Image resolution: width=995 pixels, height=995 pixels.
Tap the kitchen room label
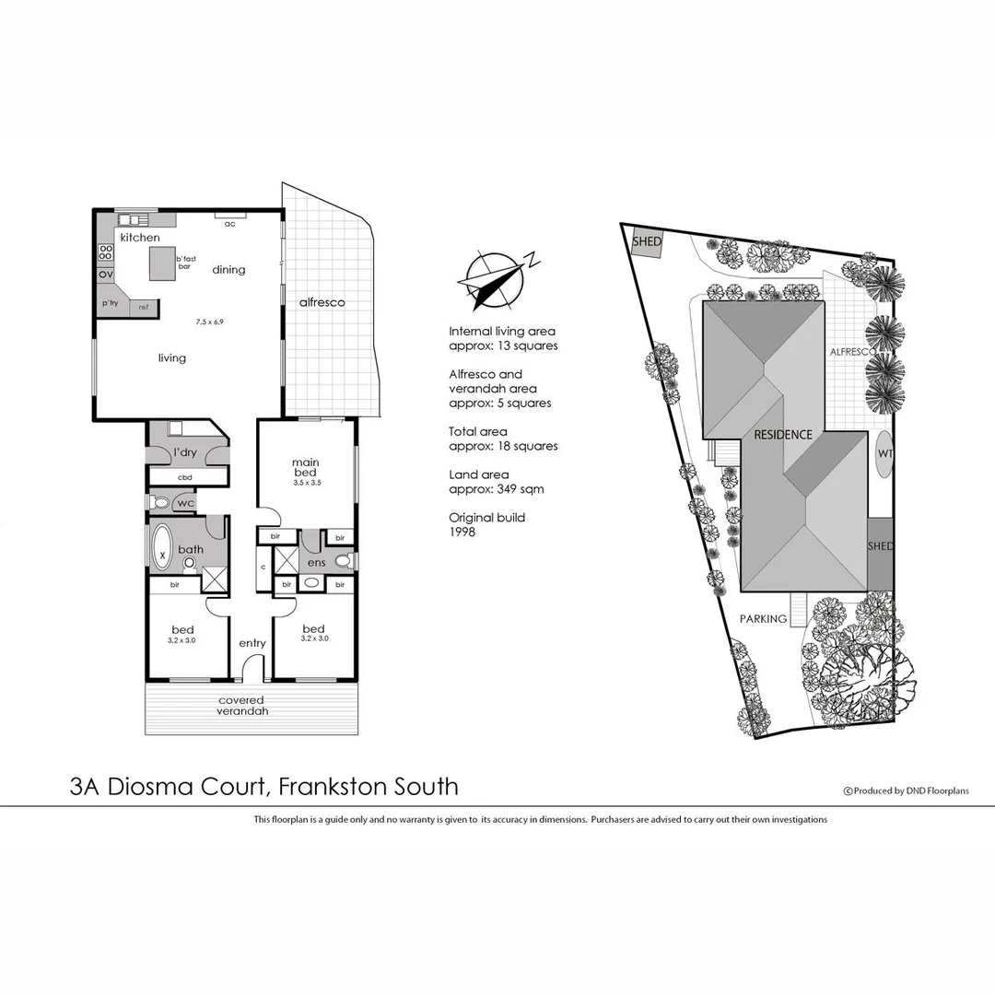coord(139,238)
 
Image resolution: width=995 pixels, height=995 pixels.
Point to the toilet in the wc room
coord(160,503)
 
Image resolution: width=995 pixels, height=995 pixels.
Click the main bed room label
coord(305,467)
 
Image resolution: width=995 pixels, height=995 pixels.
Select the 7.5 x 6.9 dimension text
coord(210,322)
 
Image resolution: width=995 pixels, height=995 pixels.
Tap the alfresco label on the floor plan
coord(322,302)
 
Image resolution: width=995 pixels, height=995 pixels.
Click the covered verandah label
coord(240,706)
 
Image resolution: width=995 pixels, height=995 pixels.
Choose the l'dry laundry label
coord(185,451)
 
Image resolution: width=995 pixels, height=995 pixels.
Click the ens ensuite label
coord(316,562)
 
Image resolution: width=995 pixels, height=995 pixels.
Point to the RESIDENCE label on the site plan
coord(783,434)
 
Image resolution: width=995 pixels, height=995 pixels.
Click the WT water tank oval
coord(884,453)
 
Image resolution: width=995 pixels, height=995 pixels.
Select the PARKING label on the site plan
coord(763,619)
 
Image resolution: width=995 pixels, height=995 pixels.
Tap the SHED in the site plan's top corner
coord(647,241)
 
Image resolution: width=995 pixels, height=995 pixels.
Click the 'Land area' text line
coord(478,474)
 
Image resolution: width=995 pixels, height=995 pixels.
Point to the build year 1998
coord(462,532)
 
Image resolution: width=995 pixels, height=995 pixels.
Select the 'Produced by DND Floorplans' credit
coord(907,790)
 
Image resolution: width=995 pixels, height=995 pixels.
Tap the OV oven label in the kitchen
coord(105,275)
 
